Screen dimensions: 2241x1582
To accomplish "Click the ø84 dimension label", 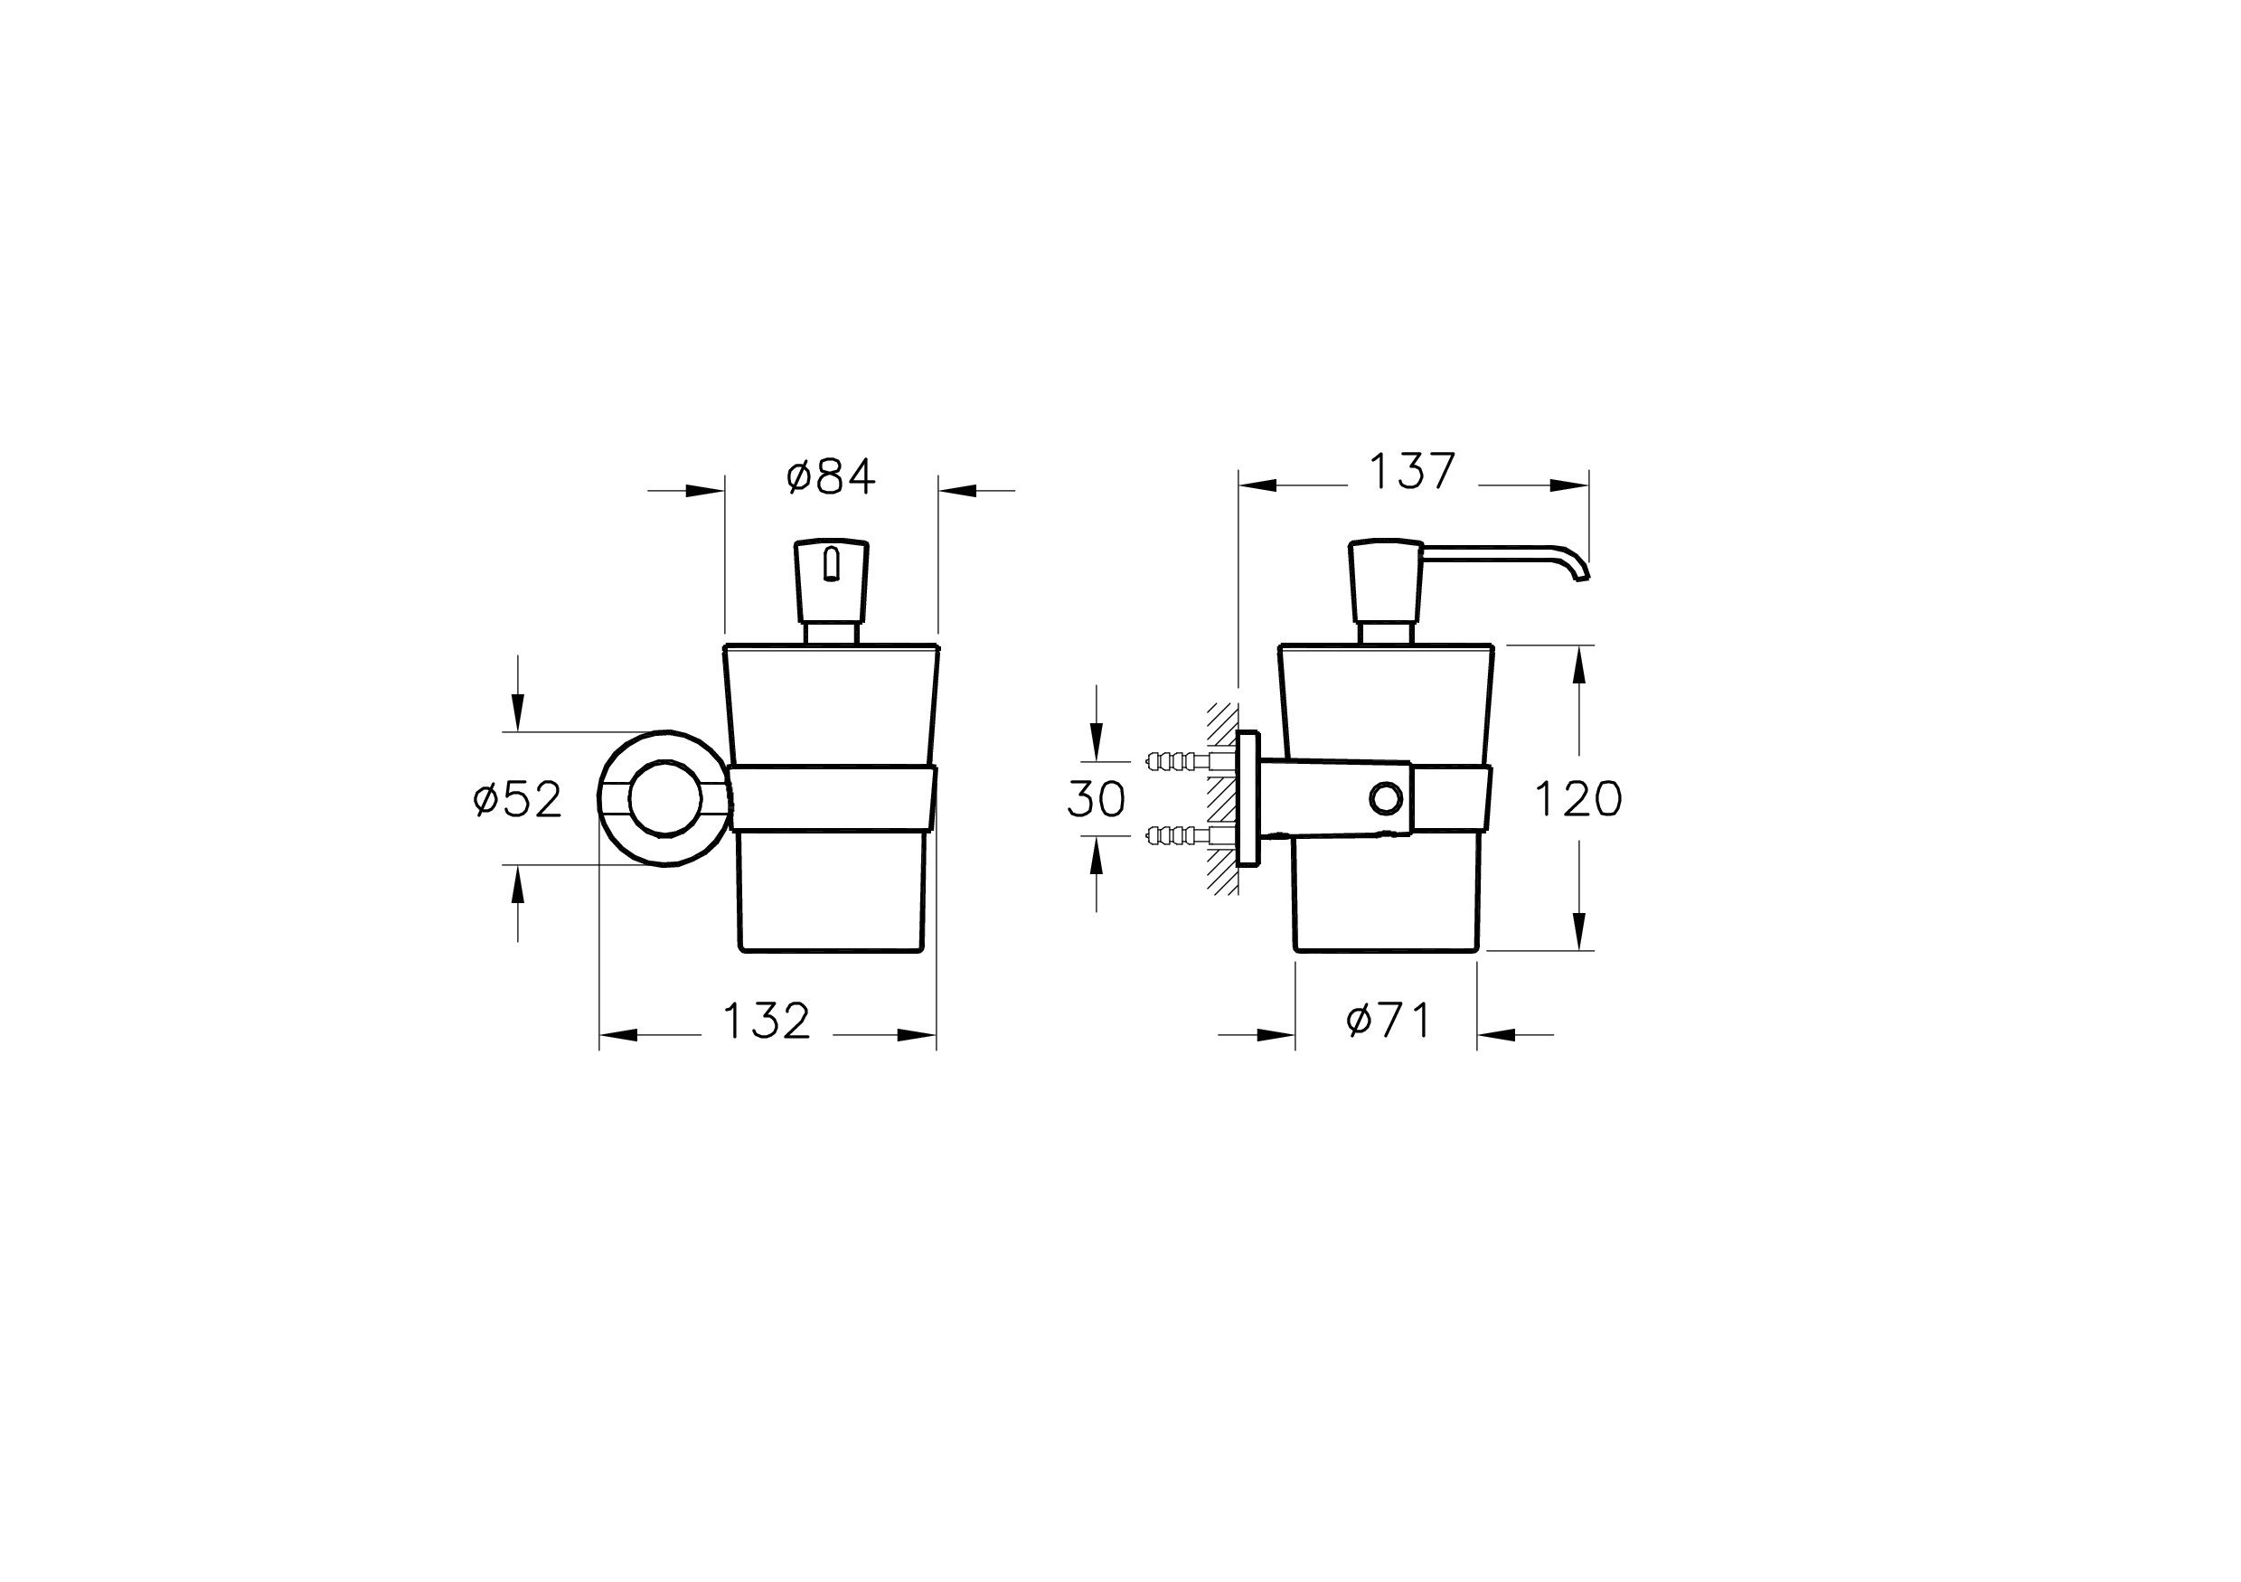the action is tap(831, 476).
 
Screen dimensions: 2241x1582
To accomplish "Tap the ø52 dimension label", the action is tap(517, 799).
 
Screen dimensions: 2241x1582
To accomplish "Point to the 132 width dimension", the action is tap(767, 1021).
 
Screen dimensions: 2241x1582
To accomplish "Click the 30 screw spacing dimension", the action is tap(1097, 799).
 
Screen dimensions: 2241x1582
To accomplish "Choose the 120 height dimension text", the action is tap(1578, 799).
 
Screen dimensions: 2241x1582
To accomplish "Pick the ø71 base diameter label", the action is tap(1388, 1021).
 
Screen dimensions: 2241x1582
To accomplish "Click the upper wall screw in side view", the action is tap(1176, 760).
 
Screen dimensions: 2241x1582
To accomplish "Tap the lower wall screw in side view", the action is tap(1176, 835).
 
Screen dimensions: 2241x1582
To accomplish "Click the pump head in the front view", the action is tap(832, 583).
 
